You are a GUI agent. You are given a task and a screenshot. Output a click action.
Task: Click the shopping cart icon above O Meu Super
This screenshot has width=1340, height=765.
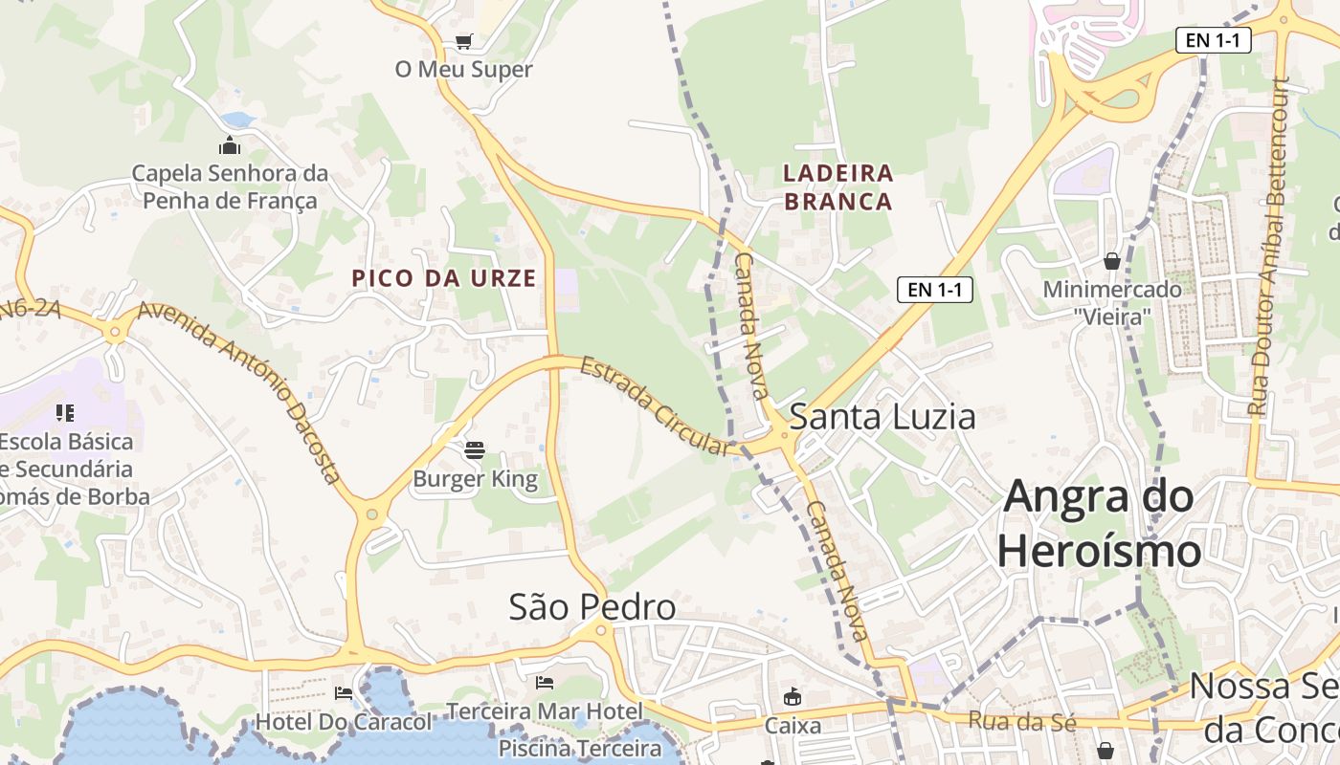(x=463, y=41)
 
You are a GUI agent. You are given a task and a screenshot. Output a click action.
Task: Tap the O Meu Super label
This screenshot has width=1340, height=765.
(x=463, y=70)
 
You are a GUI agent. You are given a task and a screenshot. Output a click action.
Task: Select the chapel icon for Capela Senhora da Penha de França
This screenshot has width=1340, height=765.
(x=230, y=146)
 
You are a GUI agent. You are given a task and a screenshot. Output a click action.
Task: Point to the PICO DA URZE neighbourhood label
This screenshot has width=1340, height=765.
(x=444, y=278)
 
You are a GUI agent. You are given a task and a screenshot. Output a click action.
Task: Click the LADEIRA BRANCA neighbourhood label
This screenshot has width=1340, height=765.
(x=837, y=187)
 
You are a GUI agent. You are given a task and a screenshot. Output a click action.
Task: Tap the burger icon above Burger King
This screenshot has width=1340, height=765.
(x=475, y=449)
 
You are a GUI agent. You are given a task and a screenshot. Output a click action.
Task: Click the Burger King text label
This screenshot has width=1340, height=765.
(x=475, y=479)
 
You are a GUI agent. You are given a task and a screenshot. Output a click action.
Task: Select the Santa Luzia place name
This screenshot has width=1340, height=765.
(x=882, y=417)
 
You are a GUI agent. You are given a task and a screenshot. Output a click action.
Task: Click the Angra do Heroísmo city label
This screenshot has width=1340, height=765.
(x=1099, y=523)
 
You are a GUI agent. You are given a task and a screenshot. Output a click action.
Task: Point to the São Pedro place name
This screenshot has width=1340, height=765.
(x=592, y=606)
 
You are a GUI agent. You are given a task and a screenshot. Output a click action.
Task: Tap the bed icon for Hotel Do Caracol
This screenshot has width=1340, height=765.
(x=343, y=692)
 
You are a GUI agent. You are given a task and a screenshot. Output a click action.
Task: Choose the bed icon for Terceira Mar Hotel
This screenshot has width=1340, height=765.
(x=545, y=683)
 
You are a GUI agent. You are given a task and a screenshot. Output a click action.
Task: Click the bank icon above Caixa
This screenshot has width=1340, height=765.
(x=792, y=697)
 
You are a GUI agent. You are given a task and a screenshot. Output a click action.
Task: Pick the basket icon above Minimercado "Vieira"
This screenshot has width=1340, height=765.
(x=1112, y=260)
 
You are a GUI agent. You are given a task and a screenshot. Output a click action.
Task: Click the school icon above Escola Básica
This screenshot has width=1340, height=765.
(x=65, y=413)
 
